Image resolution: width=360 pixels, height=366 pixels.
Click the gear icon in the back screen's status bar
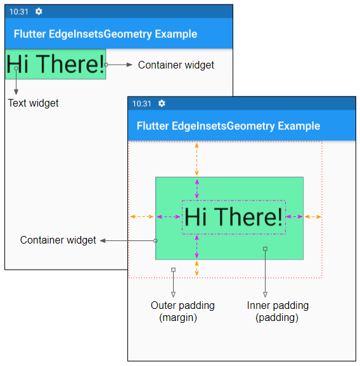click(x=39, y=11)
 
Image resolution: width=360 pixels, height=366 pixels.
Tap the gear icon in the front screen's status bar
click(x=162, y=103)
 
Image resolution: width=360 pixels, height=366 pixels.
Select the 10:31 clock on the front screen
click(x=142, y=103)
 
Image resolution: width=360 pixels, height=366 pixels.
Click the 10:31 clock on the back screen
click(x=18, y=11)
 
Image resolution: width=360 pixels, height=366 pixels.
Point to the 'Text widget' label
click(x=33, y=103)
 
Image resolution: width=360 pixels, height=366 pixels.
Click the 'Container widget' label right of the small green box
click(x=176, y=65)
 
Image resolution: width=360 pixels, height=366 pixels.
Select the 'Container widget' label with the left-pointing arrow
click(x=58, y=240)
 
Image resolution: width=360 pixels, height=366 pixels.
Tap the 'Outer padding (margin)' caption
click(x=183, y=311)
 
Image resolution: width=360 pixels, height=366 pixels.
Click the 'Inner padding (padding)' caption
click(x=278, y=311)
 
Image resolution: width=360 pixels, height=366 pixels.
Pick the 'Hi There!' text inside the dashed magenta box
click(x=234, y=217)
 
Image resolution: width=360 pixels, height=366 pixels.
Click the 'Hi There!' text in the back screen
click(x=55, y=64)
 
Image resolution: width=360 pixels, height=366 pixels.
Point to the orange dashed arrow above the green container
click(x=196, y=159)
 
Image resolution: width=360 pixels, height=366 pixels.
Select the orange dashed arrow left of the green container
click(x=142, y=216)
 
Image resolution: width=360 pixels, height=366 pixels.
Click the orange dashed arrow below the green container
click(x=196, y=268)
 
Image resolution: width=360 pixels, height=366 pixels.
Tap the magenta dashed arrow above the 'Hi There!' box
click(x=197, y=189)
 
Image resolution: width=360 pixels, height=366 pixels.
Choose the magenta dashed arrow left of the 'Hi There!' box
click(x=169, y=217)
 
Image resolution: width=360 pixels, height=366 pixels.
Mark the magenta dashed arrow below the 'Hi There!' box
click(x=196, y=247)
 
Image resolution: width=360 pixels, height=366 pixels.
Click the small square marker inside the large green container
click(x=265, y=249)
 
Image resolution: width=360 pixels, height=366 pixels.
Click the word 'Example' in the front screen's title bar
click(x=299, y=126)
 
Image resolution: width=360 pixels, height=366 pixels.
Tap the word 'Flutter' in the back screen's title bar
click(x=30, y=34)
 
